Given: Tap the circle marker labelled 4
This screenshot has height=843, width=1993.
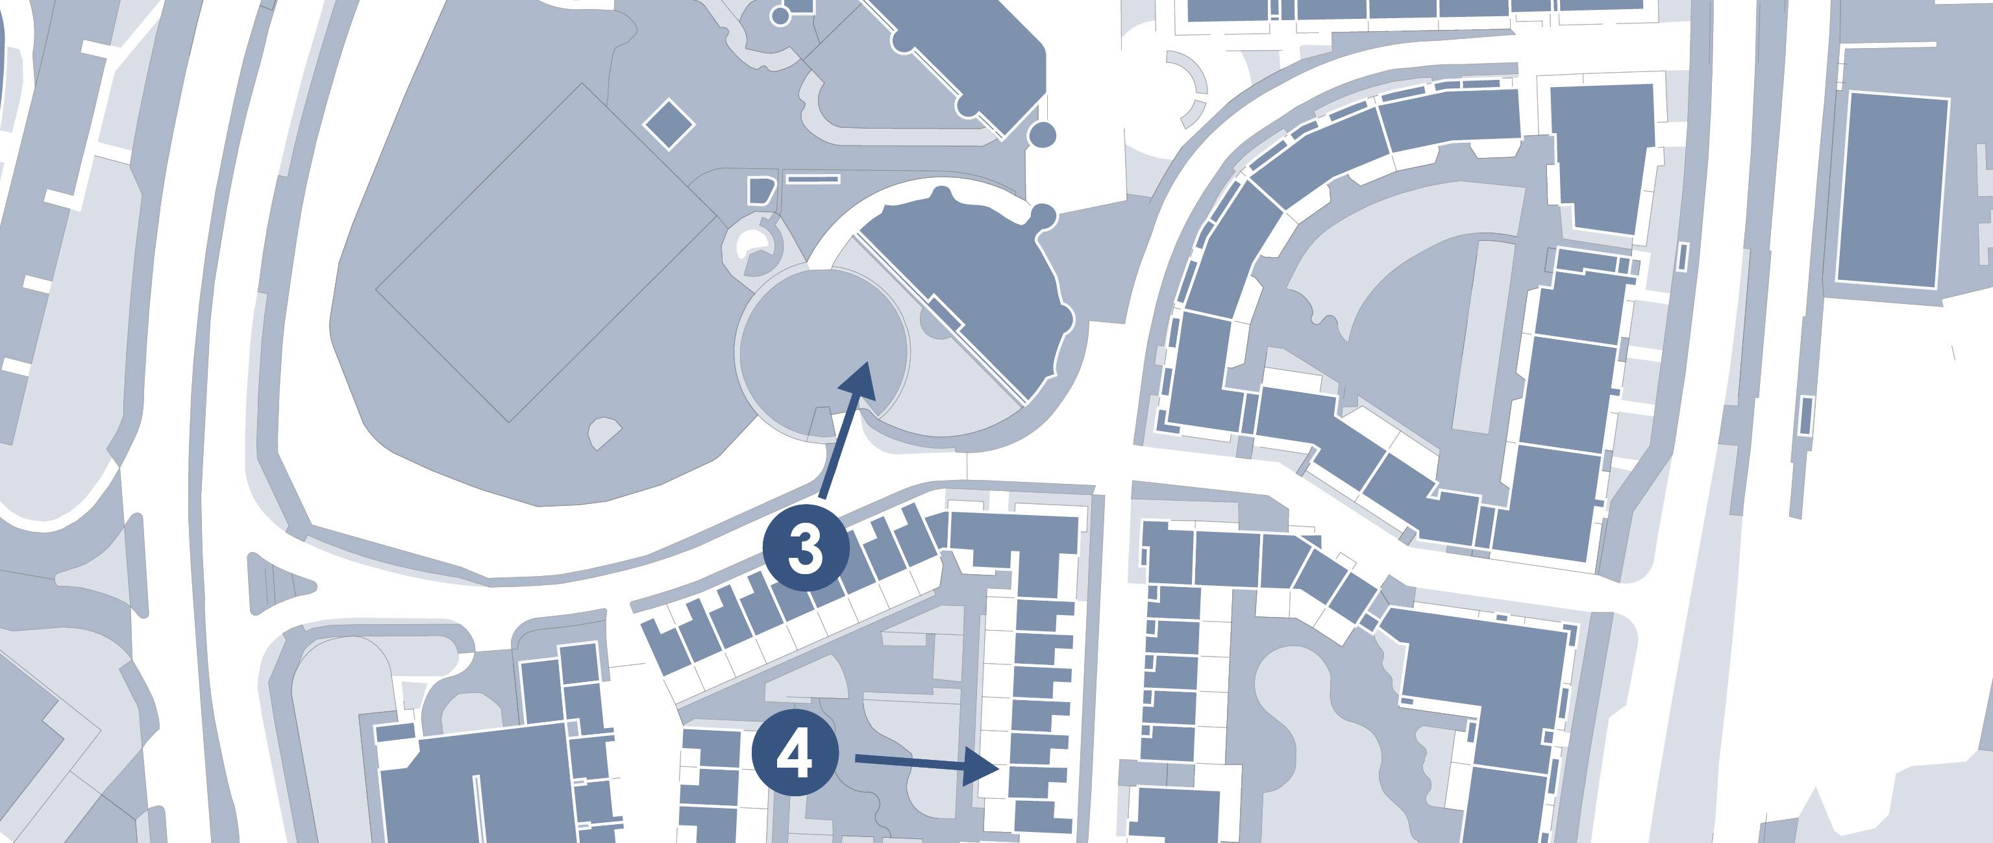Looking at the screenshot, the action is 795,755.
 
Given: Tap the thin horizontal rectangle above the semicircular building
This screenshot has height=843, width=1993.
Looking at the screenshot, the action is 812,179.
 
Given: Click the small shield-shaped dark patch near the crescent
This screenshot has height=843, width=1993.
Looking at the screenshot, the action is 761,190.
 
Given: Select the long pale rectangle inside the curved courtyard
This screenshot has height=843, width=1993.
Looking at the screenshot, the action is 1481,336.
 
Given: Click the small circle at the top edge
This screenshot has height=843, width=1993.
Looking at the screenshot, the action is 780,15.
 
